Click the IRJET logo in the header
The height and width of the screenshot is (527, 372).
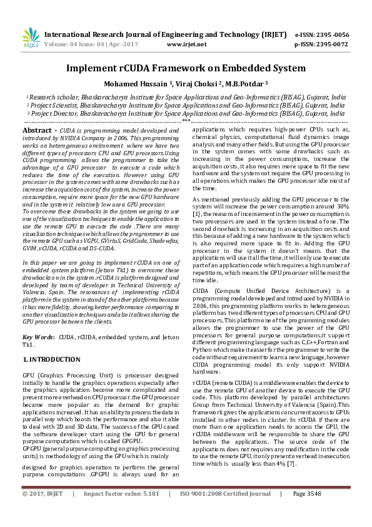(28, 39)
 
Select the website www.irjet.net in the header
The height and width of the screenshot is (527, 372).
(187, 44)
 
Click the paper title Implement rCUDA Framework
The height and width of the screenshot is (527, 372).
(186, 68)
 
